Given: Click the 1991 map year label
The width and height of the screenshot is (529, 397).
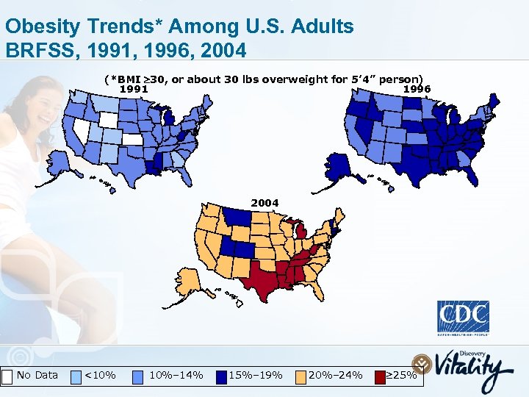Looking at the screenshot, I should (134, 89).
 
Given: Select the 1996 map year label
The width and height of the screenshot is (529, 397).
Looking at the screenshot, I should (417, 89).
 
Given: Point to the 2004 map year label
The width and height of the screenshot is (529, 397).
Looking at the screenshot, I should (264, 202).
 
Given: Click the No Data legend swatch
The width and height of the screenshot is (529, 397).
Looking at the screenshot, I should (7, 376).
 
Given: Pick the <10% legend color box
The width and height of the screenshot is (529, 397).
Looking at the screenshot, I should (76, 376).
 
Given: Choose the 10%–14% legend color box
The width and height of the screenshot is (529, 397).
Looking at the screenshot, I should (139, 376).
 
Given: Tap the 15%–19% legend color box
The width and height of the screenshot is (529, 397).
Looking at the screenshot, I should (221, 376).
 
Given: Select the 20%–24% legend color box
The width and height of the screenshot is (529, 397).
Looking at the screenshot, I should (301, 376).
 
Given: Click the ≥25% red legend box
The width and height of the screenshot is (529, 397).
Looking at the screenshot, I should (380, 376).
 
